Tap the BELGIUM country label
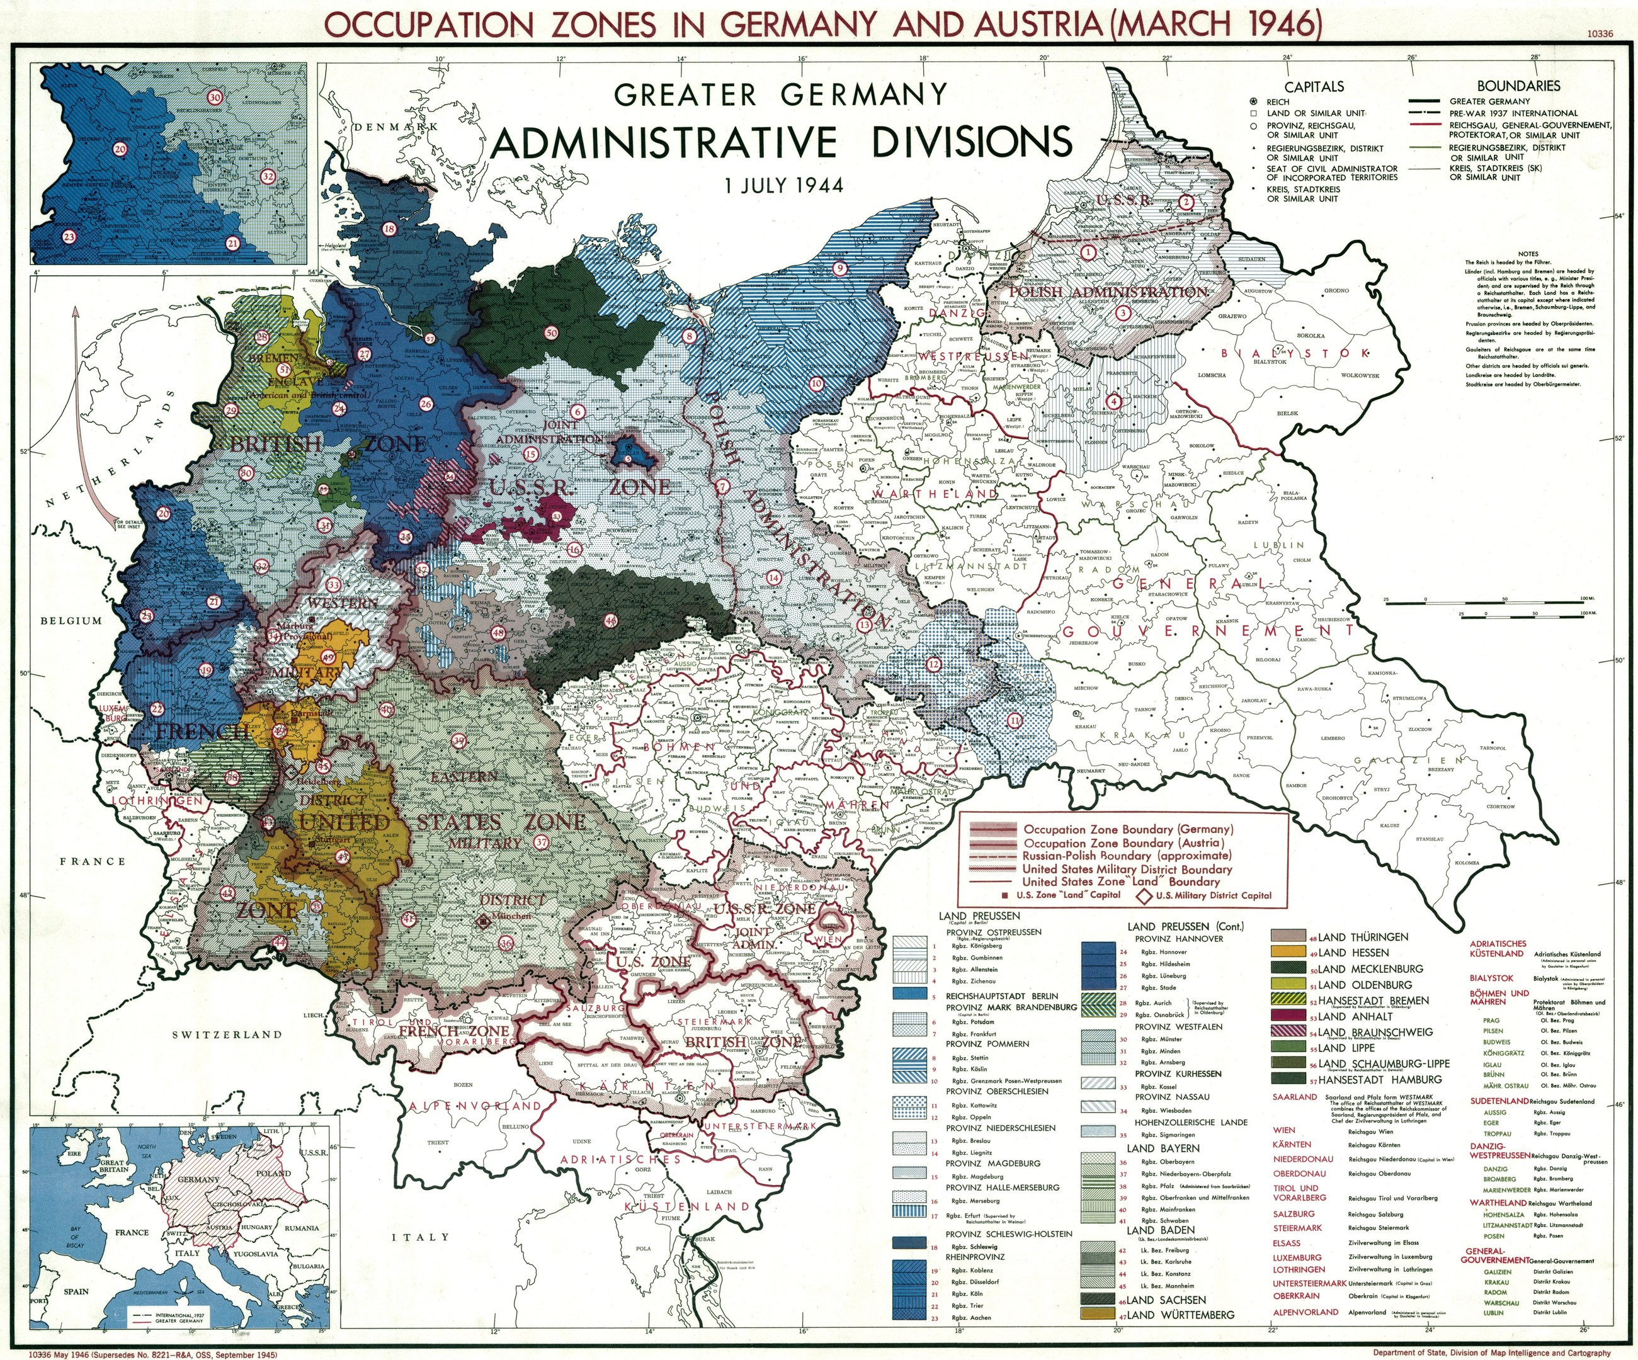72,621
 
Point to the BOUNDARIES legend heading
1518,86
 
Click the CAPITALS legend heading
1314,86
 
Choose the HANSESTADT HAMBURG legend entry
1373,1079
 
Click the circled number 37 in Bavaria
543,843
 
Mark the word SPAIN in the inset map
76,1291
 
